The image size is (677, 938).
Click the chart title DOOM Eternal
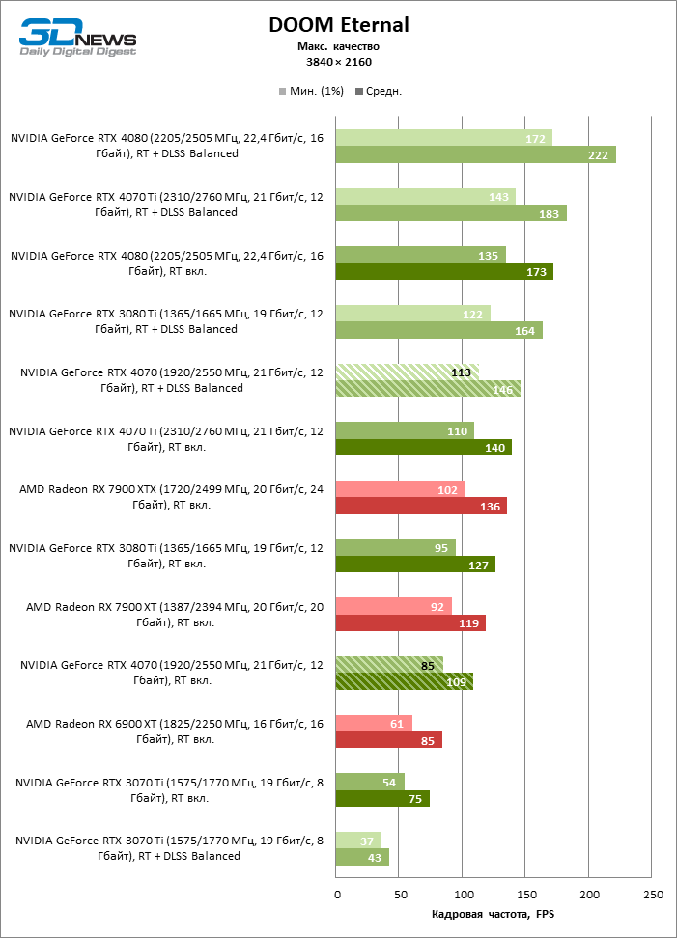(x=338, y=25)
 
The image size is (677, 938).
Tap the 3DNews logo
(x=77, y=37)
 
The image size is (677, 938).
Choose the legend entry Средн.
(x=379, y=91)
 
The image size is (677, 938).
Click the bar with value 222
(x=475, y=154)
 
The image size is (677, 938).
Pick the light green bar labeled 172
(x=443, y=138)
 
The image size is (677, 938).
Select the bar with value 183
(x=450, y=213)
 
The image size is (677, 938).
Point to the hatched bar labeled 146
(x=427, y=388)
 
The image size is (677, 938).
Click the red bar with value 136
(x=420, y=506)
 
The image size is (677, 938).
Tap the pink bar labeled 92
(x=393, y=606)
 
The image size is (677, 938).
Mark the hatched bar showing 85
(x=388, y=665)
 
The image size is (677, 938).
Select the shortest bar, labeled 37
(x=357, y=840)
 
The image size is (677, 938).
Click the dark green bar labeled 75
(x=381, y=798)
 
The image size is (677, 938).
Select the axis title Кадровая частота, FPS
(x=494, y=914)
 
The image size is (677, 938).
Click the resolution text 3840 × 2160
(x=338, y=62)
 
